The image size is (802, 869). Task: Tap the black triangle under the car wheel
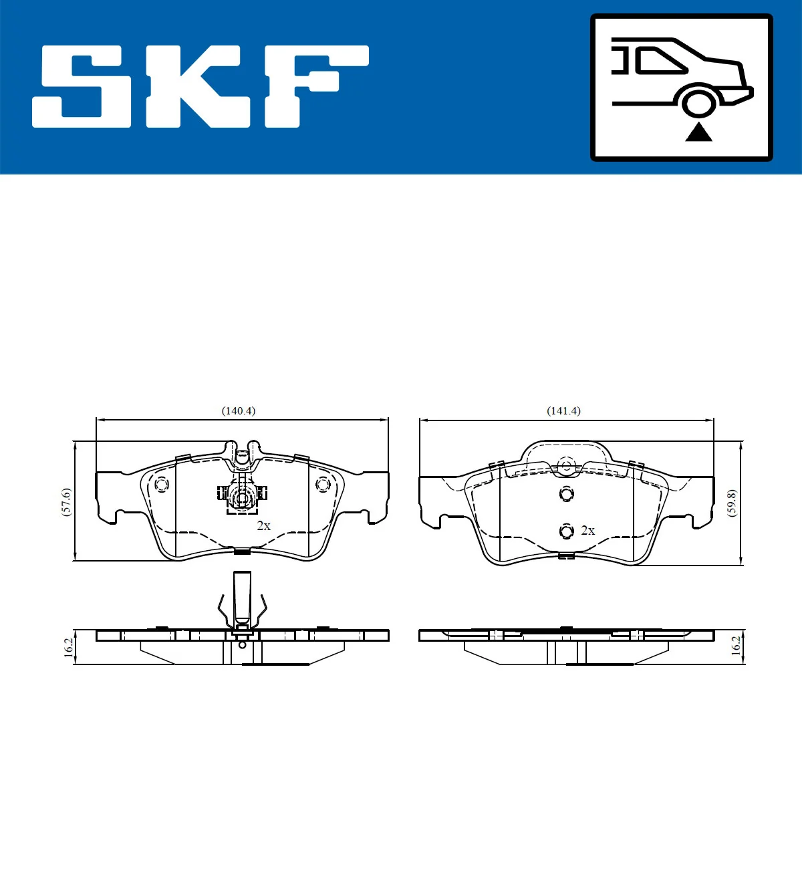[x=698, y=132]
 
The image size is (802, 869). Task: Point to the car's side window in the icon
[x=660, y=61]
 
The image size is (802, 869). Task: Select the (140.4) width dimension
[x=239, y=411]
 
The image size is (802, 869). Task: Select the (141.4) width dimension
[x=563, y=411]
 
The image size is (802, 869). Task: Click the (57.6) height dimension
[x=65, y=501]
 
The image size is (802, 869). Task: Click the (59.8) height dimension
[x=732, y=503]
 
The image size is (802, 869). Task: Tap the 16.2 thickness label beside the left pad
[x=68, y=647]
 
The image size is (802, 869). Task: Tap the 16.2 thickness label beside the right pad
[x=736, y=646]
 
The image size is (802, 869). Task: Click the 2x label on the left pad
[x=264, y=526]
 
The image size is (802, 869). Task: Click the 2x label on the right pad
[x=587, y=530]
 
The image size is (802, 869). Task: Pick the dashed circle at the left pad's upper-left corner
[x=161, y=484]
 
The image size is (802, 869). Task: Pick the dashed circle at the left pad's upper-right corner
[x=323, y=484]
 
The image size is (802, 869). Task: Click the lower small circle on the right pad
[x=567, y=531]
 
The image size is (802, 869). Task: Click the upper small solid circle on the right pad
[x=567, y=494]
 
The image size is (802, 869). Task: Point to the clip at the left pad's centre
[x=242, y=495]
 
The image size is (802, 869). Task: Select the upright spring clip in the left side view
[x=242, y=602]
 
